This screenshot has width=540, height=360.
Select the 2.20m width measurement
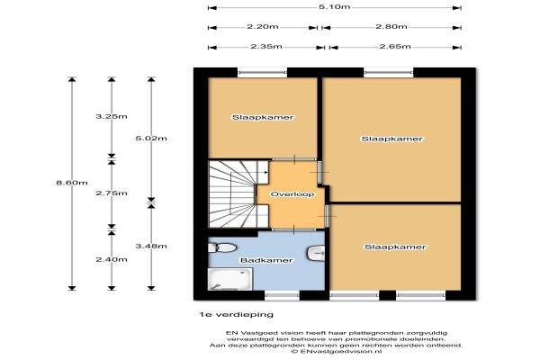263,26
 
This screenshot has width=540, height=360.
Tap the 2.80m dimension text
391,26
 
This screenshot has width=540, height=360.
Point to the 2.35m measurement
266,47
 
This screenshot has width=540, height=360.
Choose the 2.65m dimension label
395,47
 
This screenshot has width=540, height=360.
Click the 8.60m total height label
72,183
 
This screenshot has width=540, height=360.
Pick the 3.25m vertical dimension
112,116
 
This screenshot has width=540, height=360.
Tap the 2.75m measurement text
112,193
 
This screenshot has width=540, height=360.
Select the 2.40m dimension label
112,259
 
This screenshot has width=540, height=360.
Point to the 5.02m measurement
151,139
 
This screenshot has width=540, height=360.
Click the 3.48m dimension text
151,246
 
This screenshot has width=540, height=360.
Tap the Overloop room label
292,194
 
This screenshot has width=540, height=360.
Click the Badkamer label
266,260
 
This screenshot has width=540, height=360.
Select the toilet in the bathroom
222,247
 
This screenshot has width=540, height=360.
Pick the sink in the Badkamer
316,253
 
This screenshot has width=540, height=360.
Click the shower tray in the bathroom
230,279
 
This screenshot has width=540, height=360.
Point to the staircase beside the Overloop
238,193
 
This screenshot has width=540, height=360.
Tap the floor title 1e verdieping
236,314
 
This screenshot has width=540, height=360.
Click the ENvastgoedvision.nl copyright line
337,351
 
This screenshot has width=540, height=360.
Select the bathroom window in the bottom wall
282,295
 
